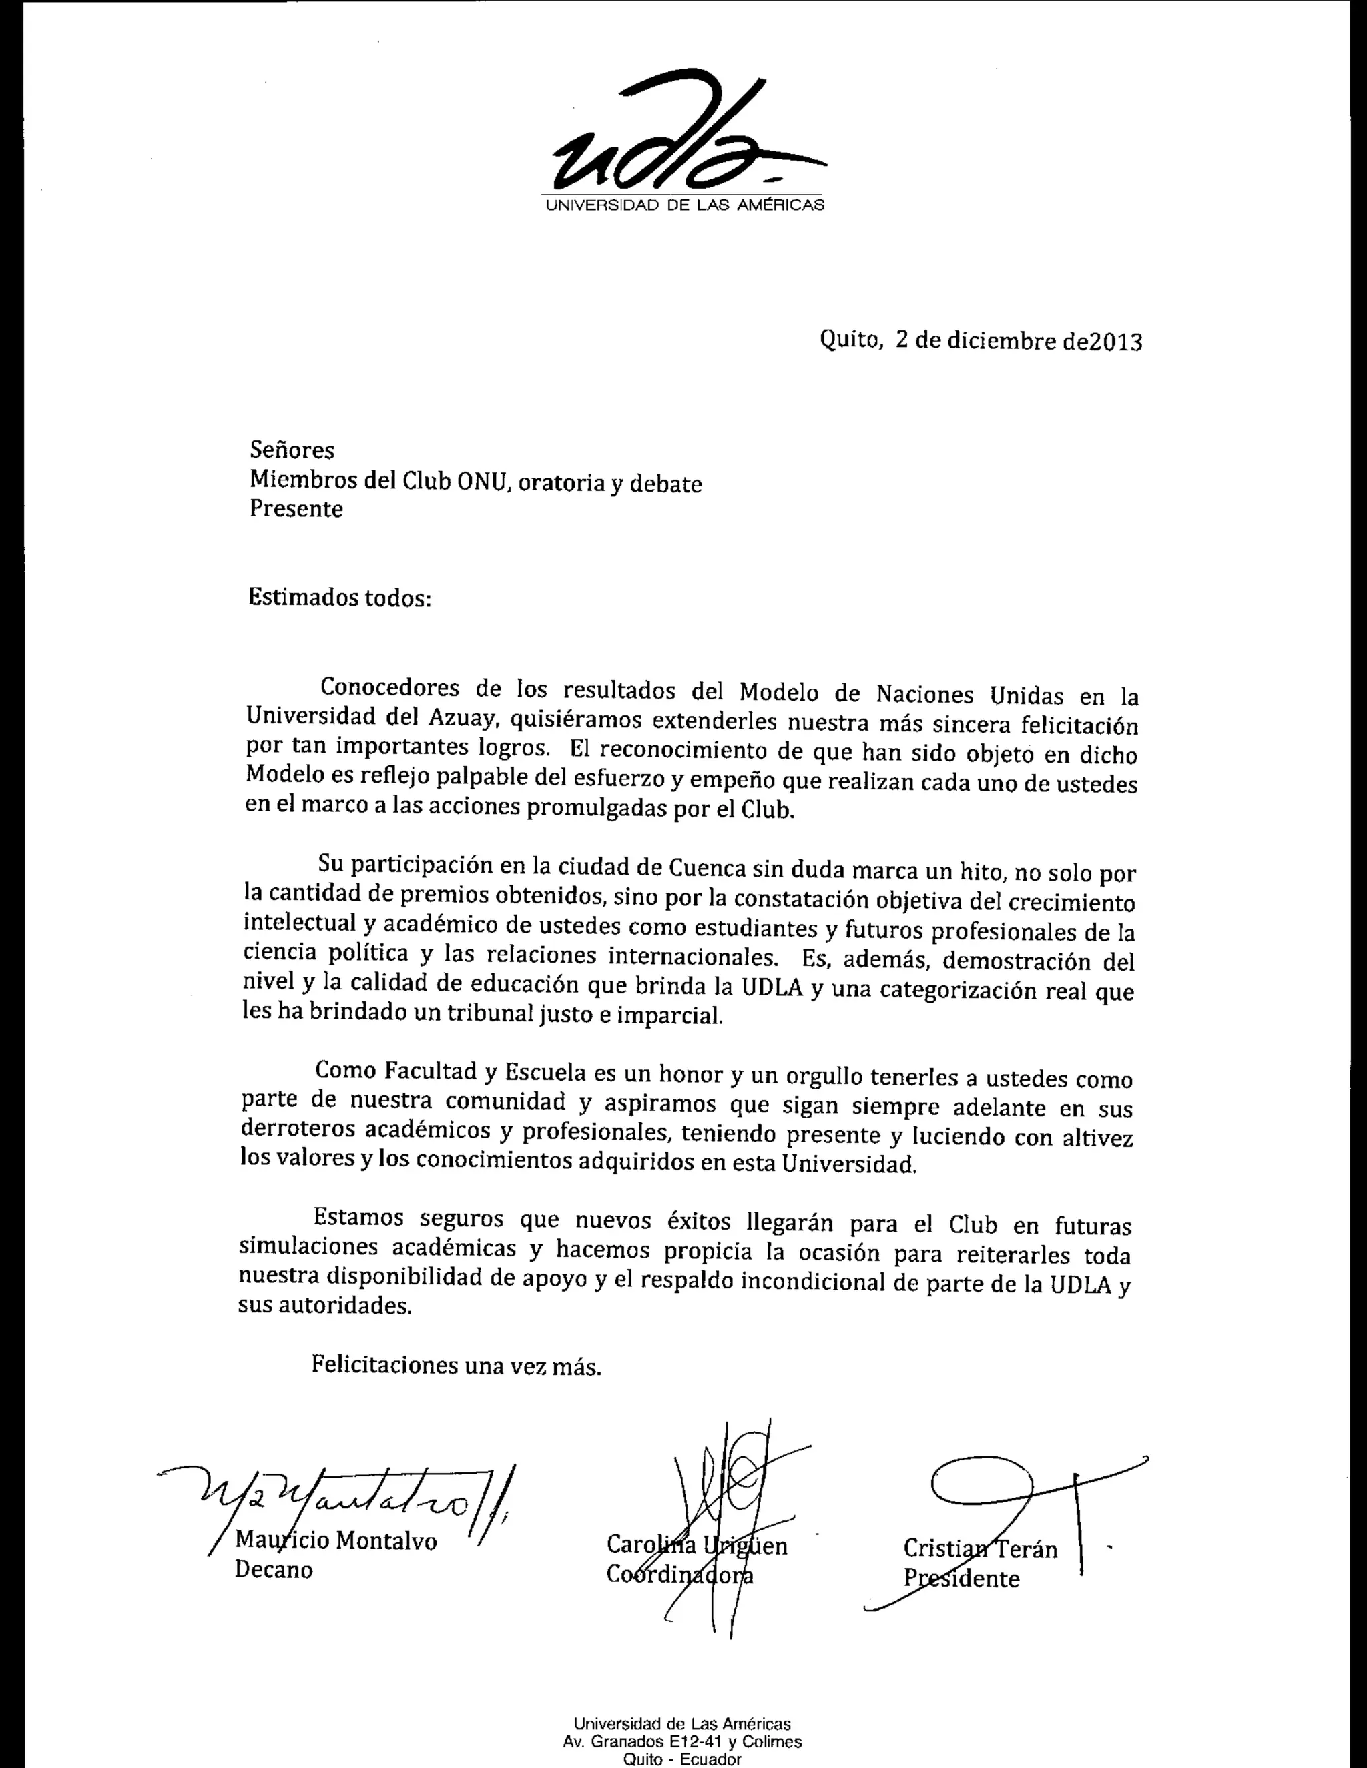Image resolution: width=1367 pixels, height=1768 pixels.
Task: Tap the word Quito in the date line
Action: pyautogui.click(x=850, y=340)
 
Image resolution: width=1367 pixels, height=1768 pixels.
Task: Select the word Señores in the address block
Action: pyautogui.click(x=292, y=450)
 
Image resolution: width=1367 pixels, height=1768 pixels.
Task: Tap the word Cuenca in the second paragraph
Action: pyautogui.click(x=707, y=868)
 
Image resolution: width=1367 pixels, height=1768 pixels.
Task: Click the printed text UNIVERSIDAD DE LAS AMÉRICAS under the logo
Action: pyautogui.click(x=684, y=205)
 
